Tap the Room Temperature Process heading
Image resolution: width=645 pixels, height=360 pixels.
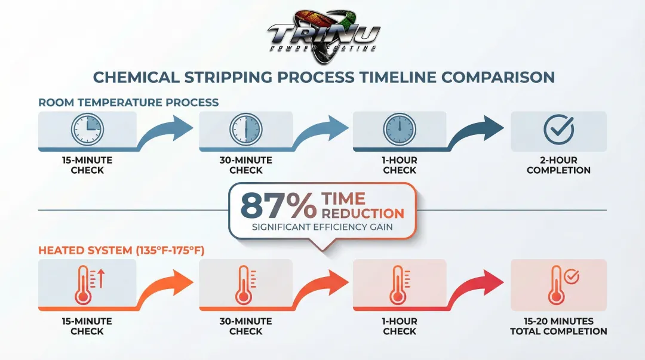[x=128, y=102]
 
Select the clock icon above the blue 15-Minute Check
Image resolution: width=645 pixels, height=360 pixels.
[x=87, y=130]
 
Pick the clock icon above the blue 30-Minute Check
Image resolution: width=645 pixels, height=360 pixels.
[x=245, y=130]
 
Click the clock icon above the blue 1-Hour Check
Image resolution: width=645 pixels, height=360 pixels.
[x=400, y=130]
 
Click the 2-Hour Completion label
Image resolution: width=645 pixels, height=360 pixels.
[x=558, y=165]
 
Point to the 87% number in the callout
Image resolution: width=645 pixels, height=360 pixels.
[x=279, y=205]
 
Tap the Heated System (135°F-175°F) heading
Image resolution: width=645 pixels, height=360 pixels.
[x=121, y=250]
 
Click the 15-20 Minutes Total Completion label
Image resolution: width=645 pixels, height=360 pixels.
[x=558, y=326]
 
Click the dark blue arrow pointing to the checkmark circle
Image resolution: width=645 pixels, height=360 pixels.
[x=478, y=131]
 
